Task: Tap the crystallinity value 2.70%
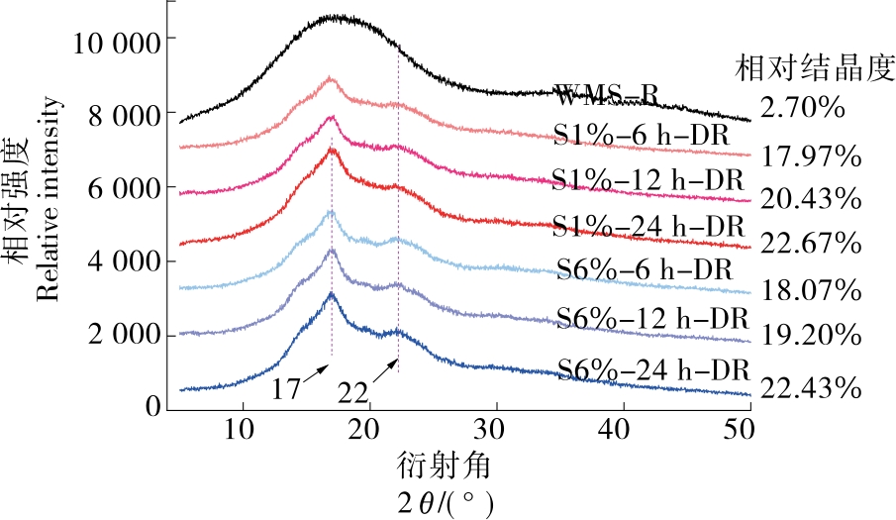[802, 106]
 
